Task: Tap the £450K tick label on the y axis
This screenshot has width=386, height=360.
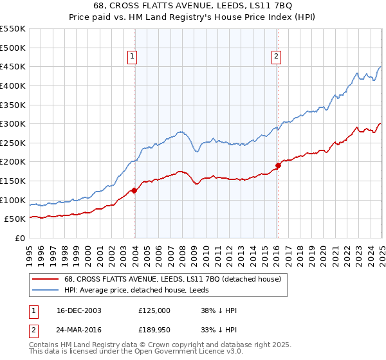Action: click(13, 66)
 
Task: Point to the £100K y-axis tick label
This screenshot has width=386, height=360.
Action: click(13, 200)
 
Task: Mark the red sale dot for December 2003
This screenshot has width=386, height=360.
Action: click(134, 190)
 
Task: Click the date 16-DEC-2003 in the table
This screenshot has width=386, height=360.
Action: click(78, 310)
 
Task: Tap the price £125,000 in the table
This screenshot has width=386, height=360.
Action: click(154, 310)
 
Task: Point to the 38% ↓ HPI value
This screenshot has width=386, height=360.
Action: click(219, 310)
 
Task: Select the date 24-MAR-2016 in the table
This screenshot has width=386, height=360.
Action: click(78, 328)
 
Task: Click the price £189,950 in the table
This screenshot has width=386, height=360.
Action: click(154, 328)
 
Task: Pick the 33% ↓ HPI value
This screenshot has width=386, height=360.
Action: click(219, 328)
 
